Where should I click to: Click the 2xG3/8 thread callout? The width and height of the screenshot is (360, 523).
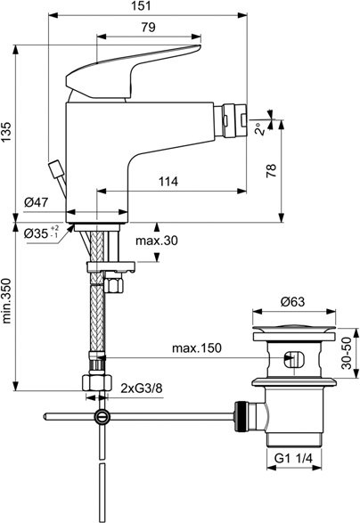pyautogui.click(x=142, y=388)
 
